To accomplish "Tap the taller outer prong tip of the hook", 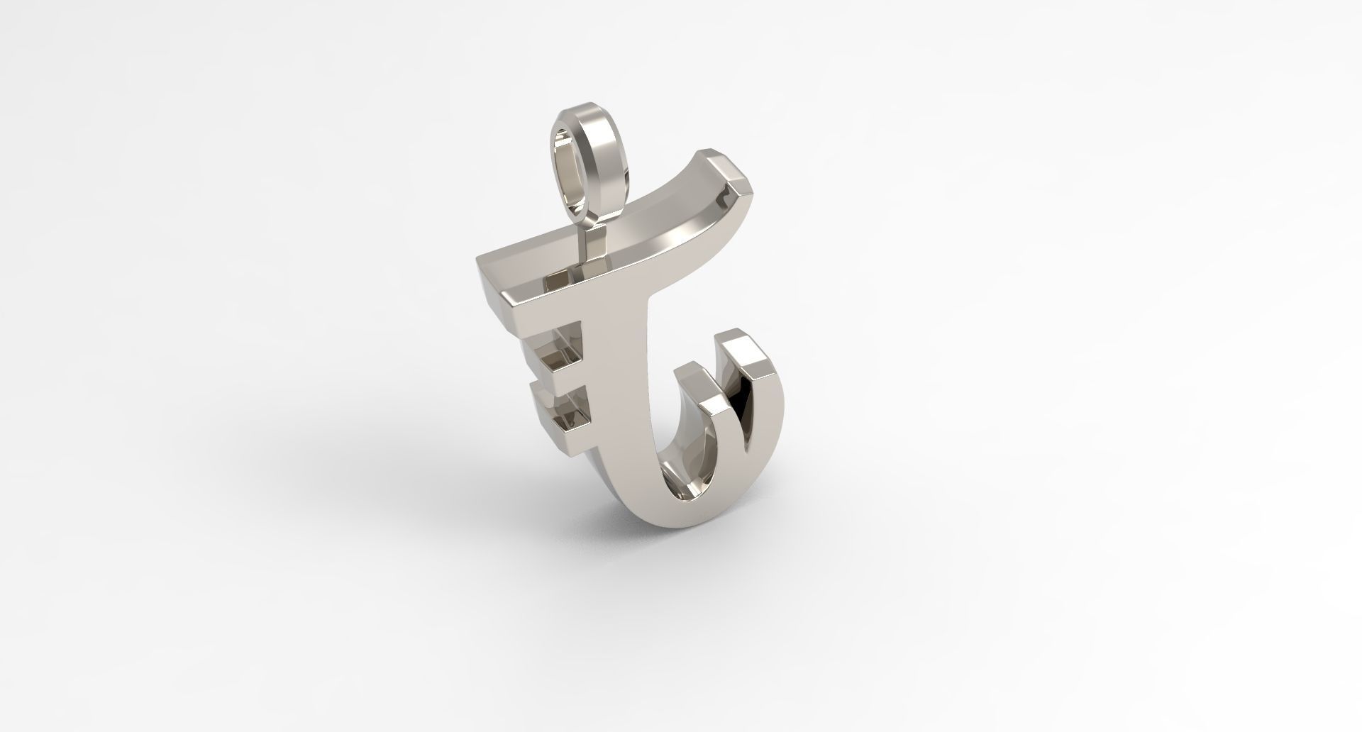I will (738, 348).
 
